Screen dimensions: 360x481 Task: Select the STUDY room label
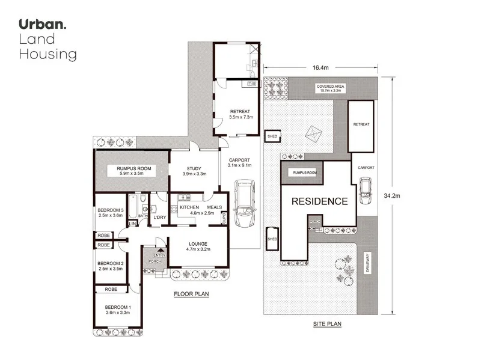194,168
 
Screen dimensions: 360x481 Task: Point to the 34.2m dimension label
401,195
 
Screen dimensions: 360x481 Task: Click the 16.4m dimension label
320,69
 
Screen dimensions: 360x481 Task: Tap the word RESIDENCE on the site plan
319,201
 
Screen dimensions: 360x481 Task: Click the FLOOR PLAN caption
191,294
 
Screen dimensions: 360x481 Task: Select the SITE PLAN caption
327,324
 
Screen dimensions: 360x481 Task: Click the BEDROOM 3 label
110,210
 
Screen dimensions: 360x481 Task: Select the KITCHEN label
189,207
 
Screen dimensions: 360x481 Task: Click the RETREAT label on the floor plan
239,111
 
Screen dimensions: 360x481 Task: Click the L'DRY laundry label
160,217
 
